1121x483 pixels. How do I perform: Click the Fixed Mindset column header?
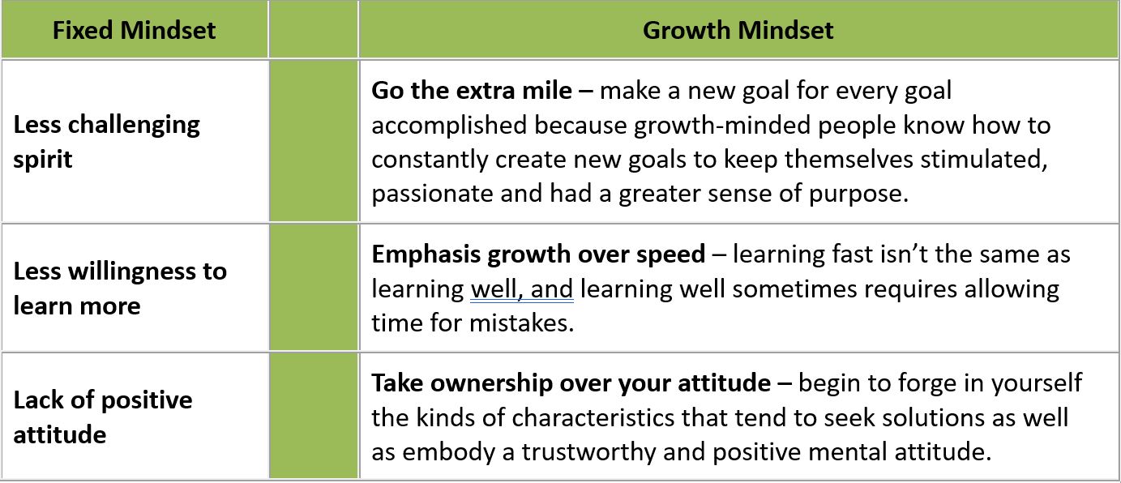pyautogui.click(x=134, y=30)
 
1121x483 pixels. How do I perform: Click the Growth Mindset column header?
pyautogui.click(x=738, y=30)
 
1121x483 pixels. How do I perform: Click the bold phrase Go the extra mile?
pyautogui.click(x=472, y=91)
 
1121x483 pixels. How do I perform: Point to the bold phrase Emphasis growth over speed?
pyautogui.click(x=538, y=254)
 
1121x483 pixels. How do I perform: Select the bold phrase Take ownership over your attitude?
pyautogui.click(x=571, y=383)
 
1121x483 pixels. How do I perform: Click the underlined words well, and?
pyautogui.click(x=522, y=289)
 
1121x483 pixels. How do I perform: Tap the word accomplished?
pyautogui.click(x=449, y=125)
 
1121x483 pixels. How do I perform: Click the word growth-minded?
pyautogui.click(x=722, y=125)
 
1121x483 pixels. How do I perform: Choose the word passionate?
pyautogui.click(x=432, y=194)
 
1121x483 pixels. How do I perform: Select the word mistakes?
pyautogui.click(x=521, y=323)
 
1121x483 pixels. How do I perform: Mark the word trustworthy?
pyautogui.click(x=589, y=452)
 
